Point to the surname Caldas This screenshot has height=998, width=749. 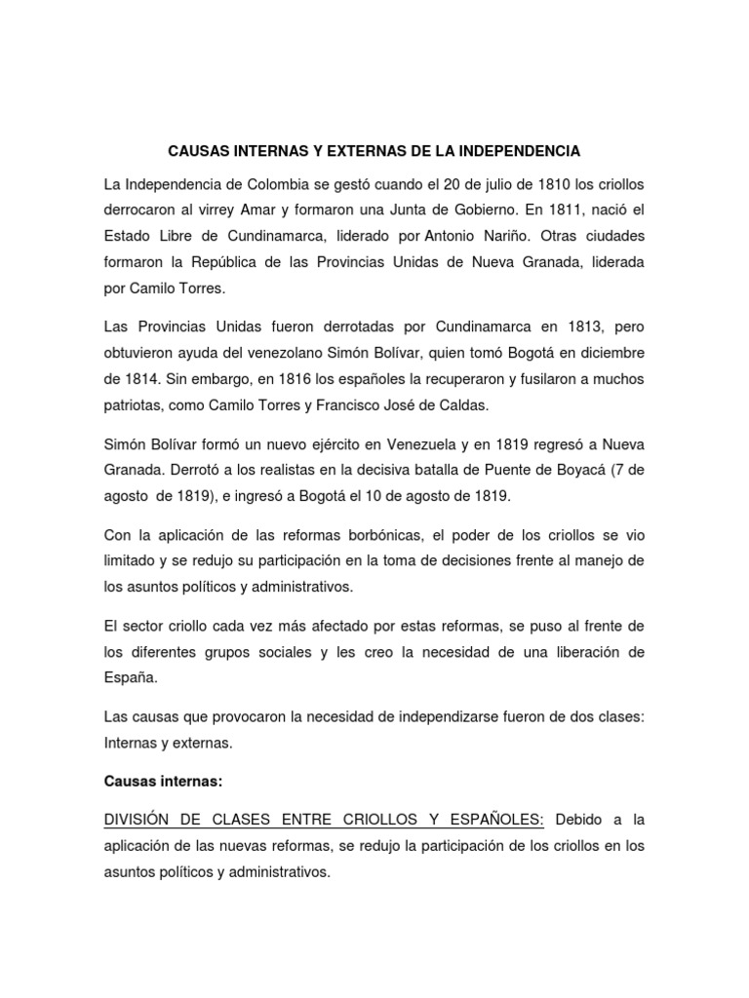coord(483,403)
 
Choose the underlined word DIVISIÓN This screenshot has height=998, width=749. coord(141,822)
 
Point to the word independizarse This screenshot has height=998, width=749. coord(464,716)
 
